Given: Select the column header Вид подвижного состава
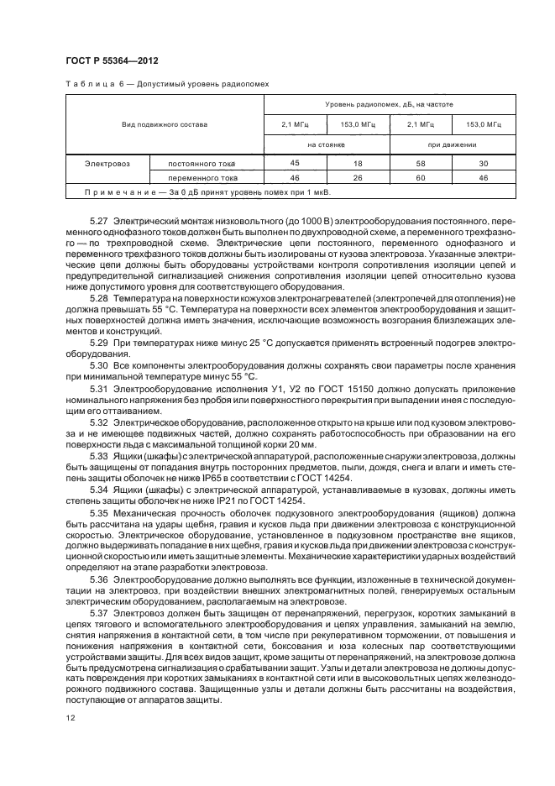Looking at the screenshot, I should coord(165,124).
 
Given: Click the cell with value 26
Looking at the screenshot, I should coord(357,178).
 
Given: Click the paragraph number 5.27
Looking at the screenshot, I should coord(99,218).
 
